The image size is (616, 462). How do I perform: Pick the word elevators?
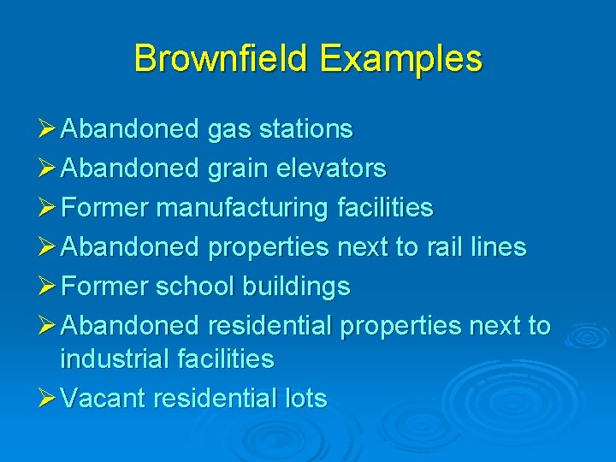click(330, 169)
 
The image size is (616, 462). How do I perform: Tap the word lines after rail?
click(499, 247)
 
